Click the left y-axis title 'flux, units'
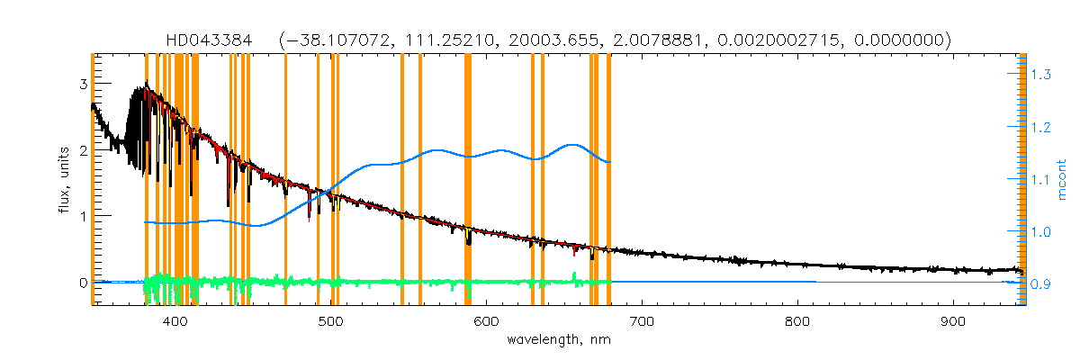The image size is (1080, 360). (x=64, y=180)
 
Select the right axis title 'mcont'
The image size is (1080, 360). (x=1063, y=180)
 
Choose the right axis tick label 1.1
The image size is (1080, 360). (x=1040, y=180)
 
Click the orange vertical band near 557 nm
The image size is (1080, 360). (x=420, y=180)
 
